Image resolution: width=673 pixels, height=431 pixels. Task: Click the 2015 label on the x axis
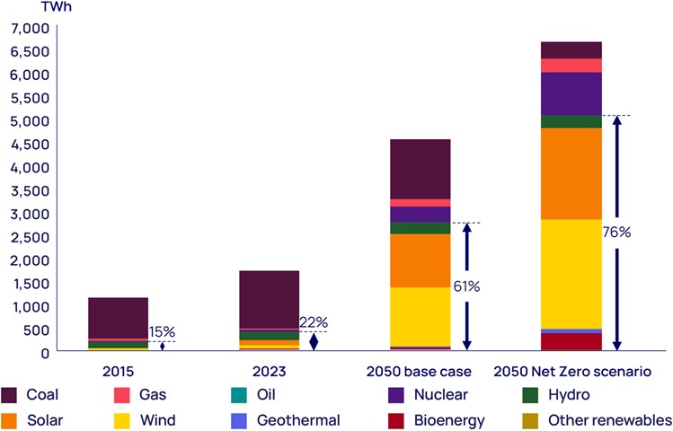[117, 370]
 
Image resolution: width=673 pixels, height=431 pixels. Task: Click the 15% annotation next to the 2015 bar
[162, 331]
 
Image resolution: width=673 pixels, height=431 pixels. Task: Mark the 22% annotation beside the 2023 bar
[314, 322]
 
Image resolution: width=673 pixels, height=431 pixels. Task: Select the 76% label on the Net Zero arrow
[617, 232]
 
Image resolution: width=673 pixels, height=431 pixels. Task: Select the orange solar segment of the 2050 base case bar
[420, 260]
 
